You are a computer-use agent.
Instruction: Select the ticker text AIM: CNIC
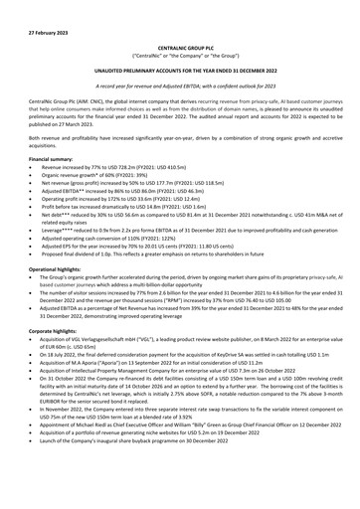pos(75,99)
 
